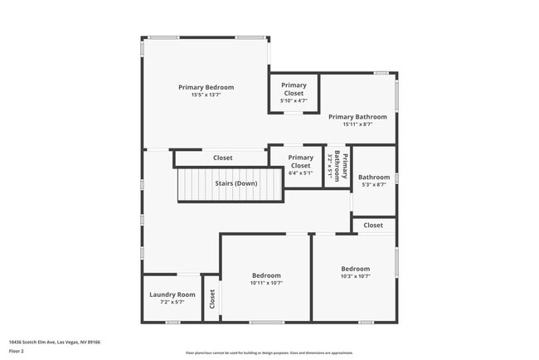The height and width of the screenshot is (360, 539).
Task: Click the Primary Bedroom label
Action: (206, 87)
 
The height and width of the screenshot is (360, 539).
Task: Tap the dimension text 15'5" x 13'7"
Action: (206, 95)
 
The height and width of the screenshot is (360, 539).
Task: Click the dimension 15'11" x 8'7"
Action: (357, 124)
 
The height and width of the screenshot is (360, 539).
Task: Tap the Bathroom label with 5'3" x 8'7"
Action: (374, 177)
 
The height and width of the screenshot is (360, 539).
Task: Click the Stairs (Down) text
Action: (236, 183)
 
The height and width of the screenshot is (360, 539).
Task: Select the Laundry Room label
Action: (172, 294)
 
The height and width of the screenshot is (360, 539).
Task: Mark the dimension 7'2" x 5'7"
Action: (172, 303)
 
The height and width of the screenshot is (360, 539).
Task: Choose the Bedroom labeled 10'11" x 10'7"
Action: (266, 275)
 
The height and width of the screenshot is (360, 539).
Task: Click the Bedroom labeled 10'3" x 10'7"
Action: (355, 269)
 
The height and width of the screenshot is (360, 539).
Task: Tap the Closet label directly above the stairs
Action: (222, 158)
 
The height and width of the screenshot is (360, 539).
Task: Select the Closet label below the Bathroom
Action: (373, 225)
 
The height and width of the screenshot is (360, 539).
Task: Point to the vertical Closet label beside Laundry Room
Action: (212, 298)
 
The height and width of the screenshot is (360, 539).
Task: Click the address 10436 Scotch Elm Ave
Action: (43, 341)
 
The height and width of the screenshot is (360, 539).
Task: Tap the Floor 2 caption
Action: (16, 350)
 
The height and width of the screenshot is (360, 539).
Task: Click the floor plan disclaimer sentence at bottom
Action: (269, 352)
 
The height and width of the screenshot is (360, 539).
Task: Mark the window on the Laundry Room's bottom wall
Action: (172, 322)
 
